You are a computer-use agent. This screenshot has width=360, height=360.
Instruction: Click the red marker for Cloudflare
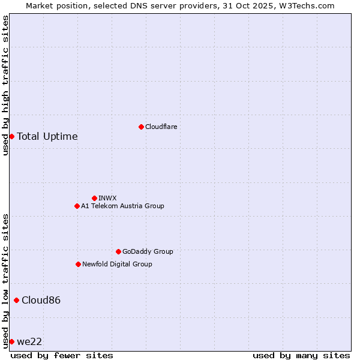click(141, 127)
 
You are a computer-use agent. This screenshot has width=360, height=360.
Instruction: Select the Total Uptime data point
click(11, 136)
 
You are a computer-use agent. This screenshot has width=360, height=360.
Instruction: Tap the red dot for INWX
click(94, 198)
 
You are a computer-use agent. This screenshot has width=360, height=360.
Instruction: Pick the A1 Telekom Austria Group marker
click(77, 206)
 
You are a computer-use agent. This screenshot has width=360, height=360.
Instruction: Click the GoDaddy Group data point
click(118, 251)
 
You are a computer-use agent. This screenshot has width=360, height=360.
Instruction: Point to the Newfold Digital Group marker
click(78, 264)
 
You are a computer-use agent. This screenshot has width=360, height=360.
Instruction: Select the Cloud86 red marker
click(16, 300)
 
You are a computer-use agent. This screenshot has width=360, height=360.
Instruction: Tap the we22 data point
click(11, 341)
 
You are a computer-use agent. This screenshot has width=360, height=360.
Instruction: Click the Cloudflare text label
click(161, 127)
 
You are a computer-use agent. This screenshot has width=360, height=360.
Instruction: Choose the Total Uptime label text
click(47, 136)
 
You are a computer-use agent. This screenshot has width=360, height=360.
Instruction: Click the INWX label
click(107, 198)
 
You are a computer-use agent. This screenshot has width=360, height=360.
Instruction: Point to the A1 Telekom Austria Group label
click(122, 206)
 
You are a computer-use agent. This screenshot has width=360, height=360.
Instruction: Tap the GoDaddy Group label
click(148, 251)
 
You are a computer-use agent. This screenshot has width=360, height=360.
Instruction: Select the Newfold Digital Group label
click(117, 264)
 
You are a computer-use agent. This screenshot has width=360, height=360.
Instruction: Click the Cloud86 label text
click(41, 300)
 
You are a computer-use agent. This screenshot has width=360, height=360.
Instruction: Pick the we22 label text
click(29, 341)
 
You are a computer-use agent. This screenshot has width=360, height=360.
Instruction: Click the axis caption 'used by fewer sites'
click(62, 355)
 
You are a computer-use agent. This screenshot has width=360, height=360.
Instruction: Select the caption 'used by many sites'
click(301, 355)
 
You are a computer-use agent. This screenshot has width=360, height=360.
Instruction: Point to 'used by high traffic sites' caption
click(6, 85)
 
